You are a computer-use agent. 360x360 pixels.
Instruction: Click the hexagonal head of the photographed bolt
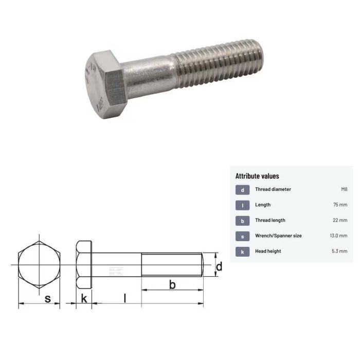pyautogui.click(x=105, y=85)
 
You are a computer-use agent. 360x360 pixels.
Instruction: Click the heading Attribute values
pyautogui.click(x=257, y=176)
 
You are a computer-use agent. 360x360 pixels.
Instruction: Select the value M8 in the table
pyautogui.click(x=344, y=189)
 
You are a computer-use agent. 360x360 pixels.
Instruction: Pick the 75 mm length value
pyautogui.click(x=340, y=205)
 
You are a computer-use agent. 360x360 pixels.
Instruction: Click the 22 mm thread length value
pyautogui.click(x=340, y=220)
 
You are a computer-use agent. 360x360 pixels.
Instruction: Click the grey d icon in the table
pyautogui.click(x=242, y=190)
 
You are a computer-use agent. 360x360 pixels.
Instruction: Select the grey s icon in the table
pyautogui.click(x=242, y=236)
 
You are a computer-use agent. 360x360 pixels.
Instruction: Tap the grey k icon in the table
pyautogui.click(x=242, y=251)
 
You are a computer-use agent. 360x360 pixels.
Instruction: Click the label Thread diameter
pyautogui.click(x=273, y=189)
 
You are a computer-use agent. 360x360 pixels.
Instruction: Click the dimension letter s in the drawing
pyautogui.click(x=48, y=298)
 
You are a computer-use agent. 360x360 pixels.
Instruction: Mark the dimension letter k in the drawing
pyautogui.click(x=83, y=298)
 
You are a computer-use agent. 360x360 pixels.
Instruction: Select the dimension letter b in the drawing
pyautogui.click(x=172, y=284)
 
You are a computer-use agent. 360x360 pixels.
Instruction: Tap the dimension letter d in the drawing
pyautogui.click(x=219, y=266)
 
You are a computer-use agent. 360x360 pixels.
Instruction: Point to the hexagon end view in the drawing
pyautogui.click(x=40, y=265)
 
